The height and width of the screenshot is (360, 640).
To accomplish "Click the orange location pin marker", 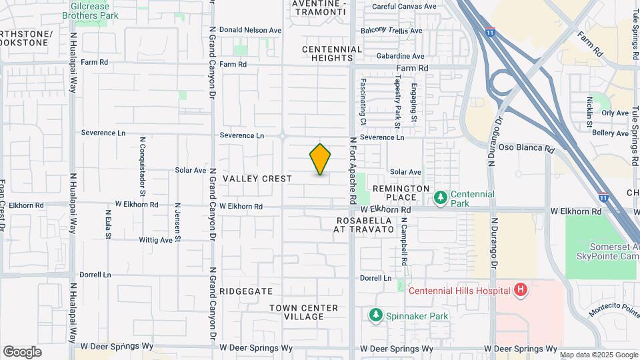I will tap(320, 159).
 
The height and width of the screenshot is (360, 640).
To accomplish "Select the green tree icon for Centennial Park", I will tap(440, 198).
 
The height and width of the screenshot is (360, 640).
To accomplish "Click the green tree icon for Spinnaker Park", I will tap(376, 315).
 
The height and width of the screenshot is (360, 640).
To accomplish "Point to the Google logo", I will tap(22, 352).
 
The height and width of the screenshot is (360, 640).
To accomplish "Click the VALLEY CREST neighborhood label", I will tap(257, 179).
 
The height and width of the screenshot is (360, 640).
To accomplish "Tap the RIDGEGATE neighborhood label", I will tap(246, 291).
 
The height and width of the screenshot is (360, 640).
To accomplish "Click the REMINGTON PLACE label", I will tap(401, 193).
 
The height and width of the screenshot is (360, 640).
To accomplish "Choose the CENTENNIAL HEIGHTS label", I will tap(332, 53).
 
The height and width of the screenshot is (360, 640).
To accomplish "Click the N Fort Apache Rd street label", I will tap(353, 171).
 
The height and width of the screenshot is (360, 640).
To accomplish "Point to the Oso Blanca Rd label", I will tap(527, 147).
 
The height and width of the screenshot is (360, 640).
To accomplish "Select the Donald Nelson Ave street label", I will tap(251, 30).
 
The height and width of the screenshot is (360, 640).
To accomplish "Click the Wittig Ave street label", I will tap(155, 239).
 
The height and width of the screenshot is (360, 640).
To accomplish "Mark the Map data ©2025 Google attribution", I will tap(598, 355).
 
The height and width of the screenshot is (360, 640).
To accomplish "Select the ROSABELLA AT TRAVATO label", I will tap(365, 225).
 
